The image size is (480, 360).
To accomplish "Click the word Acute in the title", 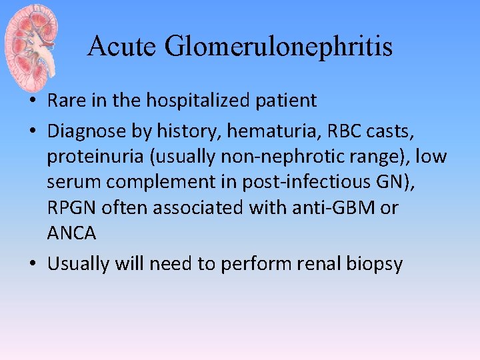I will [x=121, y=47].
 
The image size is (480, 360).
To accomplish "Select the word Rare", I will [x=67, y=101].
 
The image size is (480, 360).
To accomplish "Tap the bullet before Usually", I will [x=33, y=264].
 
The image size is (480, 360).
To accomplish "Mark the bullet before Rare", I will [x=33, y=101].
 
